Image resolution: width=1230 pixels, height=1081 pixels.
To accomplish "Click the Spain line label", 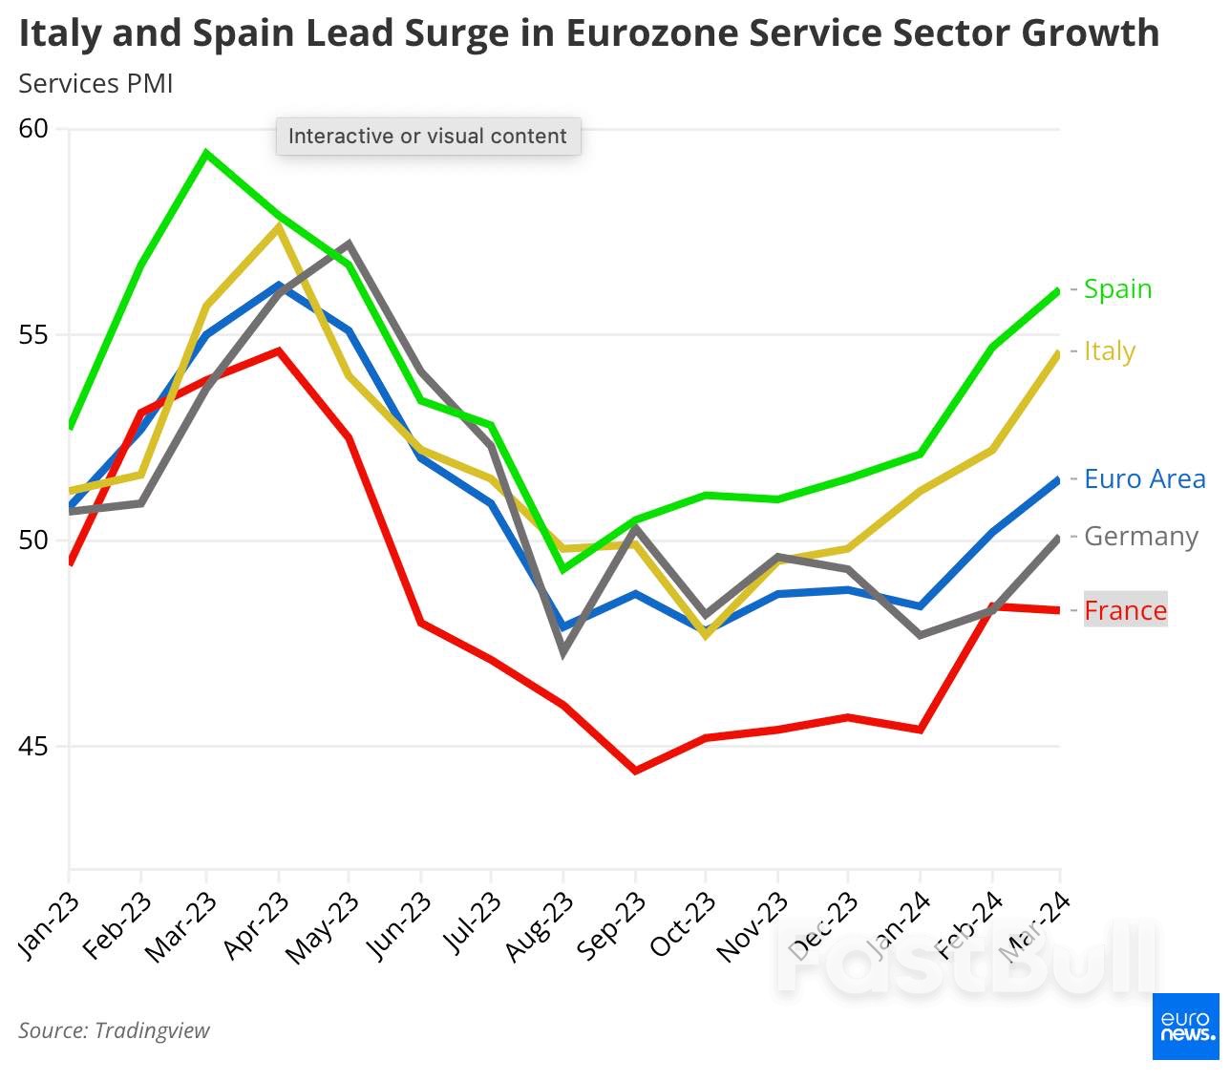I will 1117,288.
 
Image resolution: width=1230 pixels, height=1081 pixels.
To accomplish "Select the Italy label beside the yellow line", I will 1109,351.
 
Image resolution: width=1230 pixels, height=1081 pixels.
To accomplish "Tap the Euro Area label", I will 1144,478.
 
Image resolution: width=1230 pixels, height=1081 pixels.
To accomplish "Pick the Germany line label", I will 1140,537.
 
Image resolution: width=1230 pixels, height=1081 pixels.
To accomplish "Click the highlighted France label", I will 1125,610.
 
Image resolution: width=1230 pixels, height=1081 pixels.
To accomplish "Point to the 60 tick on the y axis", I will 33,128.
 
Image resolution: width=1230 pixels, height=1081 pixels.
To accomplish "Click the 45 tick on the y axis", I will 33,746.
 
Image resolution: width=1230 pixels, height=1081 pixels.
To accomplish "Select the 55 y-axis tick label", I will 33,335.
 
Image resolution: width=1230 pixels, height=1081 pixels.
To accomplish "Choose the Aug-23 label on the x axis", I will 540,925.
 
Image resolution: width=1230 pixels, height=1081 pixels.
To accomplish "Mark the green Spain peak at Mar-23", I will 206,153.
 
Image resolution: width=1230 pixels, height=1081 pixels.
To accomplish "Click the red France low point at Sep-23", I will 635,771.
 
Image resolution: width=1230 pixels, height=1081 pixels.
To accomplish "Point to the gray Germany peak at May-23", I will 349,244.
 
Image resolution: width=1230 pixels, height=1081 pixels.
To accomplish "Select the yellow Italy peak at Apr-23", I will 278,226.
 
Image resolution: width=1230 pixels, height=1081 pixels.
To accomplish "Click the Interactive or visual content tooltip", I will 428,136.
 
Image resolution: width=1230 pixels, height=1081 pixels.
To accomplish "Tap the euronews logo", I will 1186,1026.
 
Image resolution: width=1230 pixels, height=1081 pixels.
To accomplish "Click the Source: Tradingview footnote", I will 114,1030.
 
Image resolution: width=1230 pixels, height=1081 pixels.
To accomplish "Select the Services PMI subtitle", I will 95,84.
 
